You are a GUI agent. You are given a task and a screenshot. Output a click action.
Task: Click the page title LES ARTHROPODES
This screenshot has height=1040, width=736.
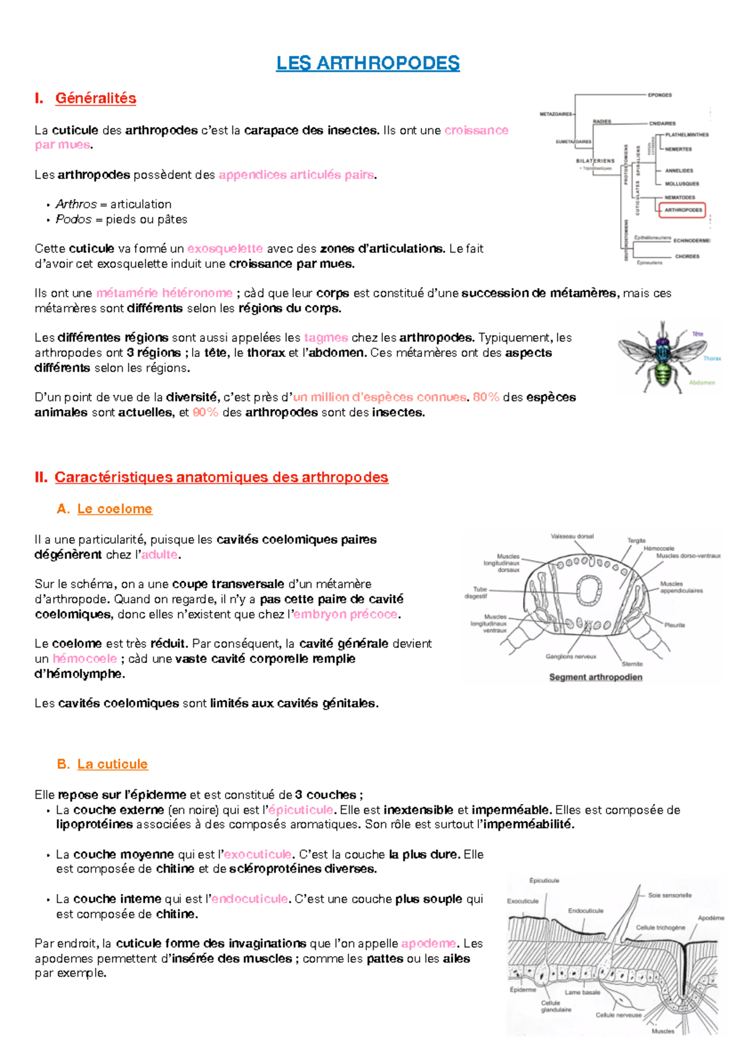click(x=367, y=63)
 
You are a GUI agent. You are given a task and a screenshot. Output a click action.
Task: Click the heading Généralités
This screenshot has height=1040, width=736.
click(x=96, y=98)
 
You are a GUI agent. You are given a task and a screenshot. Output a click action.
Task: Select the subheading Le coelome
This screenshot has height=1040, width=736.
click(x=115, y=509)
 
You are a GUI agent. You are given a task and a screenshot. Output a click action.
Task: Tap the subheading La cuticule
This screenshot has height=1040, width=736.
click(x=112, y=764)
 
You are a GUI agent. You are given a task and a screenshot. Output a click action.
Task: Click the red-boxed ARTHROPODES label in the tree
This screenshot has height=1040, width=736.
click(x=683, y=210)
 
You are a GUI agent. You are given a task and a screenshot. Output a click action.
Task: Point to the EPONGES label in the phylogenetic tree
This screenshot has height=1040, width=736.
click(x=660, y=95)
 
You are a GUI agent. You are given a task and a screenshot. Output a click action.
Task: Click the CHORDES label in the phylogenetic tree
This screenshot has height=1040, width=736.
click(x=687, y=256)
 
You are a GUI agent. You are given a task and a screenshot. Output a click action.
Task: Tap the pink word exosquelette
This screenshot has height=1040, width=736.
click(x=225, y=249)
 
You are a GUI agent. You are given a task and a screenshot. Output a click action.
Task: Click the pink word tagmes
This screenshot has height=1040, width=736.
click(x=326, y=338)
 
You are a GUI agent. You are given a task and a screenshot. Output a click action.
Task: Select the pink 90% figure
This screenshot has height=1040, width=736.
click(x=205, y=413)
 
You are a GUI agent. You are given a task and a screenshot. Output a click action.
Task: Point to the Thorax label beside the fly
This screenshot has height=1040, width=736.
click(x=711, y=358)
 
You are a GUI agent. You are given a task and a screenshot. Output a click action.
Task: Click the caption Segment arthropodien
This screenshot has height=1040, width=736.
click(x=596, y=677)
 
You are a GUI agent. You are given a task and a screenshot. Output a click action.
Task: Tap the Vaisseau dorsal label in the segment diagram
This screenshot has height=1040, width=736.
click(x=572, y=537)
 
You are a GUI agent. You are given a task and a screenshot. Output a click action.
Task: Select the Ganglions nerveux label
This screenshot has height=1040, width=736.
click(x=570, y=657)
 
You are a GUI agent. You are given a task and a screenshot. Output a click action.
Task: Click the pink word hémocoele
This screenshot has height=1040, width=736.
click(x=85, y=659)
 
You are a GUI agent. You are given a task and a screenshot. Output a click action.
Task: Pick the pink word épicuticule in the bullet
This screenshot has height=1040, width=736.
click(x=301, y=810)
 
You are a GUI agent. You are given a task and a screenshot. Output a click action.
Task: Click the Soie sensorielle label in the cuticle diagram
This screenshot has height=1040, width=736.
click(x=669, y=895)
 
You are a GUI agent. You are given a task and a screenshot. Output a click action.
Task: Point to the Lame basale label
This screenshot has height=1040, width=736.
click(x=582, y=992)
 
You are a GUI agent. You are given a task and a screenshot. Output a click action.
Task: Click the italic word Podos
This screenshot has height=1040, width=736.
click(x=74, y=220)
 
